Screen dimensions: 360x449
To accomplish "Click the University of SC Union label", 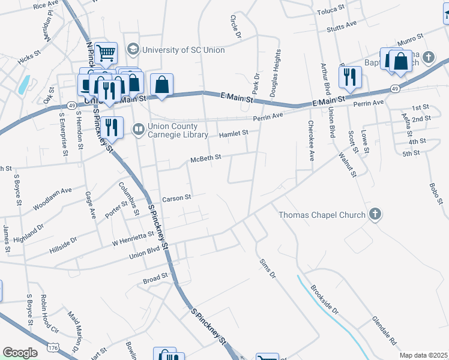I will point(183,50).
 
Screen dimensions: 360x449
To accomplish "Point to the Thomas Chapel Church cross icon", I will point(375,214).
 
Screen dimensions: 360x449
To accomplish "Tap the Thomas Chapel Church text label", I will point(322,215).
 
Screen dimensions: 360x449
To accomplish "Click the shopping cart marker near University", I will point(106,53).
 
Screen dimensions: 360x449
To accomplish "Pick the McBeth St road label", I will point(206,158).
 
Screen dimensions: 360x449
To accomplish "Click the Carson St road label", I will point(176,197).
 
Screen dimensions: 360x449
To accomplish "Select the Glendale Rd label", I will point(385,330).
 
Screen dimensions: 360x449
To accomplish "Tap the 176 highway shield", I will point(53,347).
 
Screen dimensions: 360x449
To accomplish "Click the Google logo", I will point(20,353).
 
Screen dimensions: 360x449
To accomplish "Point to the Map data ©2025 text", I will point(424,355).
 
